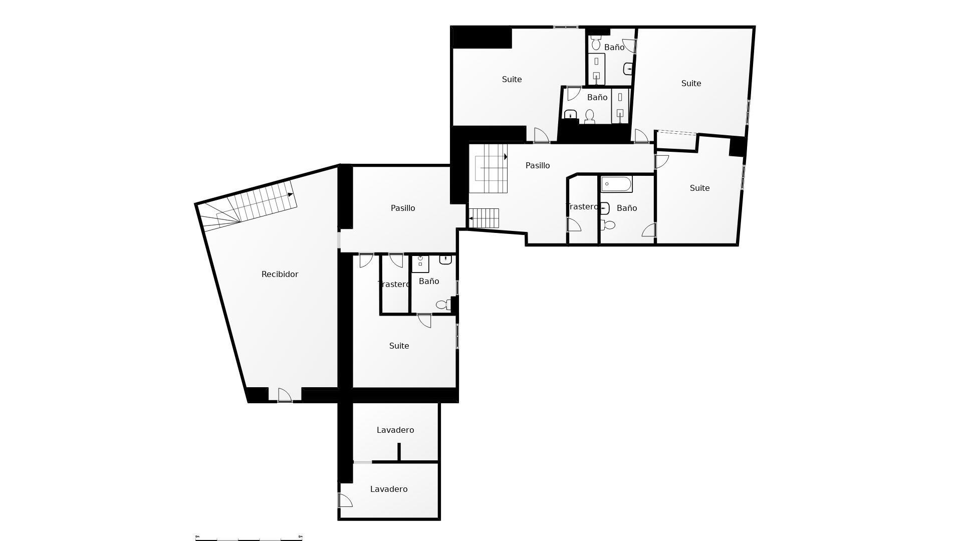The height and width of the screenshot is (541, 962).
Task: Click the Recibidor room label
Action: coord(280,274)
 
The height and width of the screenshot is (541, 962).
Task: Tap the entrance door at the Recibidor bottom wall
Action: coord(284,395)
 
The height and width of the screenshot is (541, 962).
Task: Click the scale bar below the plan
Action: coord(249,538)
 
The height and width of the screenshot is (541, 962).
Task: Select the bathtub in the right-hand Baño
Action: coord(616,184)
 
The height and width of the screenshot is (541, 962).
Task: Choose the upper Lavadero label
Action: coord(395,430)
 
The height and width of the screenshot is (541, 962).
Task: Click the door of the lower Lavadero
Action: coord(345,500)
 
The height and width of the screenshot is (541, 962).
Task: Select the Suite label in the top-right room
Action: coord(691,83)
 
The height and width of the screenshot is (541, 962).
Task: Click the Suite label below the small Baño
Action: coord(399,346)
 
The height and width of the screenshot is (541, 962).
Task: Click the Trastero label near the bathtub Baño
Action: coord(582,206)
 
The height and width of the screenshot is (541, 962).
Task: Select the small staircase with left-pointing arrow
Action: coord(484,218)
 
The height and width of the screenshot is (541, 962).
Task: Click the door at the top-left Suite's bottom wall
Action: coord(541,136)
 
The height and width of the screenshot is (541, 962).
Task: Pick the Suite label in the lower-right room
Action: coord(699,188)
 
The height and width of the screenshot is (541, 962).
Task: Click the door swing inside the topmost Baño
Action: coord(629,46)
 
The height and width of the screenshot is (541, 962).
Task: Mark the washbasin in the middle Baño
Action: coord(571,116)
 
